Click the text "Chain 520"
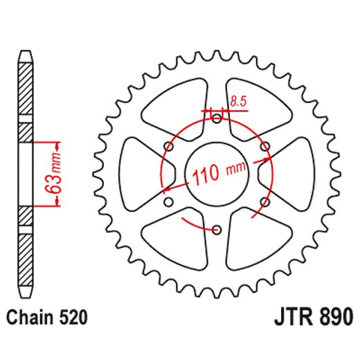[48, 319]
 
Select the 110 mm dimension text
[219, 172]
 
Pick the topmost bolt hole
[217, 120]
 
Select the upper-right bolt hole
[264, 146]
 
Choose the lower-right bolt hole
[264, 201]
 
